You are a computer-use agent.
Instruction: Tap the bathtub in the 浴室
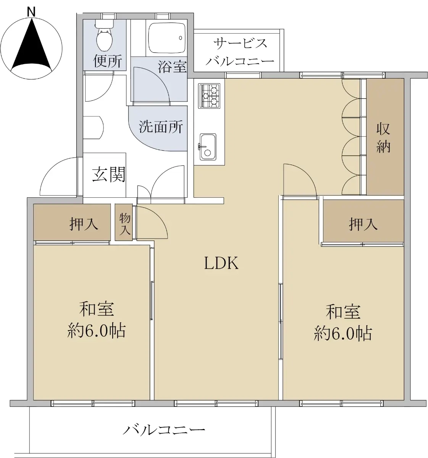(167, 38)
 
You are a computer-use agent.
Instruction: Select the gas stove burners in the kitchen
(209, 96)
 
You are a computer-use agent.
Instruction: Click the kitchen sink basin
(208, 147)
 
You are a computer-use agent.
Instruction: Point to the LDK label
(221, 263)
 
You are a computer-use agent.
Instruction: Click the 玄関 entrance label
(109, 174)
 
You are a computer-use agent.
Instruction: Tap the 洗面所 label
(161, 127)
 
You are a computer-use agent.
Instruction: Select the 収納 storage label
(383, 138)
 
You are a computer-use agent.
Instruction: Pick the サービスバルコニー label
(240, 52)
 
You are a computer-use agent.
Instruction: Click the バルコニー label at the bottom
(164, 430)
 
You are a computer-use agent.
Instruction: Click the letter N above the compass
(31, 12)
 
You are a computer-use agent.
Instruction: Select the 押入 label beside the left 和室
(84, 224)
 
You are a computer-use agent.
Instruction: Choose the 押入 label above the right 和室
(363, 224)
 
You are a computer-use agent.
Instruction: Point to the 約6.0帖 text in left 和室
(97, 331)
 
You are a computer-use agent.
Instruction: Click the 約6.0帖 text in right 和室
(342, 334)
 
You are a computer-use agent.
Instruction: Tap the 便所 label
(108, 61)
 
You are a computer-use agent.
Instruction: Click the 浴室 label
(172, 66)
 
